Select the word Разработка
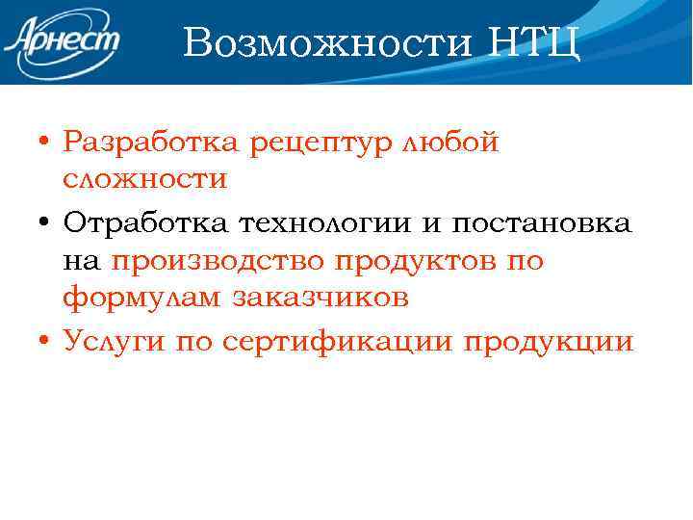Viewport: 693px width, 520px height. tap(152, 143)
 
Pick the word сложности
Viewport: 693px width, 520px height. tap(145, 180)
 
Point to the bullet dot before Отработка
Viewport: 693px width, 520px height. tap(45, 223)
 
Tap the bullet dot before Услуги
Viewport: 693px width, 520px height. tap(45, 342)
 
